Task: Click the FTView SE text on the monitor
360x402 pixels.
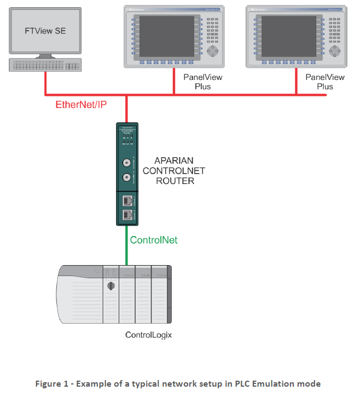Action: coord(45,31)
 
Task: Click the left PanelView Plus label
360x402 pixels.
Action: coord(202,82)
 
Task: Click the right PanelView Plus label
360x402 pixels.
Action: coord(324,82)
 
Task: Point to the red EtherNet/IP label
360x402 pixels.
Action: coord(80,105)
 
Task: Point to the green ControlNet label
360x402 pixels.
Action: coord(153,240)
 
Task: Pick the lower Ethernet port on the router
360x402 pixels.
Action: coord(127,214)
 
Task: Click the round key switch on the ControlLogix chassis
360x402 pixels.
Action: coord(111,286)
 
